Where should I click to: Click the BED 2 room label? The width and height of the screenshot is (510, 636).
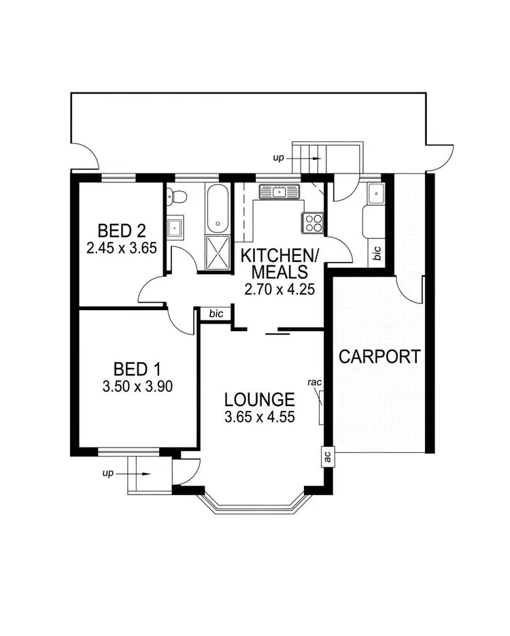point(122,229)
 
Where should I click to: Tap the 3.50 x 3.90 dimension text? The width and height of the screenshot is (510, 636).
point(137,387)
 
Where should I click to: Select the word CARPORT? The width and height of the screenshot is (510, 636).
point(379,356)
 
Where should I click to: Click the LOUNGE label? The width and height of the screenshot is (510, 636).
point(259,399)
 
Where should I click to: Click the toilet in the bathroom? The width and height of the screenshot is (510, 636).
point(178,197)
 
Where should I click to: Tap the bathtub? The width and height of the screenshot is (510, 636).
point(218,208)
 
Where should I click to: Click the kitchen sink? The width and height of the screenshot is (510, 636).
point(278,193)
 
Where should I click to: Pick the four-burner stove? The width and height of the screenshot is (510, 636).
point(313,221)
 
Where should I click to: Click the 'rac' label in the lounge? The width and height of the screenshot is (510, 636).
point(314,382)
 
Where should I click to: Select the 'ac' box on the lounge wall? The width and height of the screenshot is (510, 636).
point(328,456)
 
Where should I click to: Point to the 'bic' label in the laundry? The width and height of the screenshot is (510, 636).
point(376,253)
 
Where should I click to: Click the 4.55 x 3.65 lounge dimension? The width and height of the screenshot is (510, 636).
point(259,416)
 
